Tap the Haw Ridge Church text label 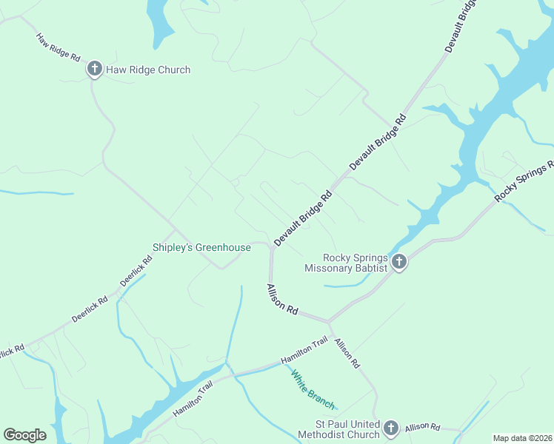(x=148, y=70)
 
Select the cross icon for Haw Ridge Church (x=94, y=70)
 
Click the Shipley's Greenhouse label (x=201, y=247)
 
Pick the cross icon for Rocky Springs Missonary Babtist (x=399, y=262)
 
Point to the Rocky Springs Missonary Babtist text (x=346, y=263)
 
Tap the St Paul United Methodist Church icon (x=390, y=428)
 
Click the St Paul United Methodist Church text (x=338, y=429)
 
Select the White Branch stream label (x=313, y=389)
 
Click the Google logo (x=24, y=435)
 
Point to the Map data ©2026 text (x=522, y=438)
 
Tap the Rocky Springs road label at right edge (x=524, y=181)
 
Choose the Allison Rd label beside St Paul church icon (x=423, y=427)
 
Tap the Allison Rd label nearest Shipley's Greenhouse (x=282, y=300)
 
